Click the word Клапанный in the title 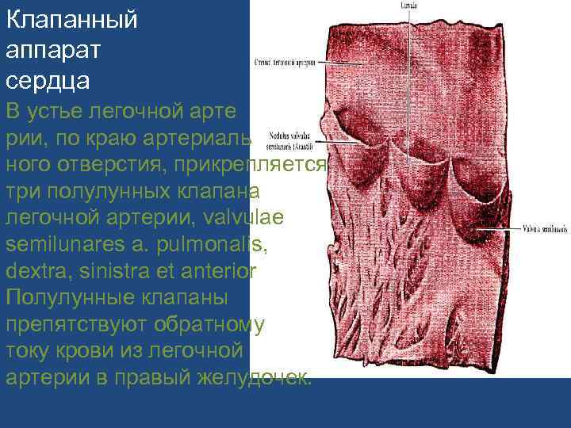coord(71,21)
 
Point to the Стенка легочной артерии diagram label coord(285,61)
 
